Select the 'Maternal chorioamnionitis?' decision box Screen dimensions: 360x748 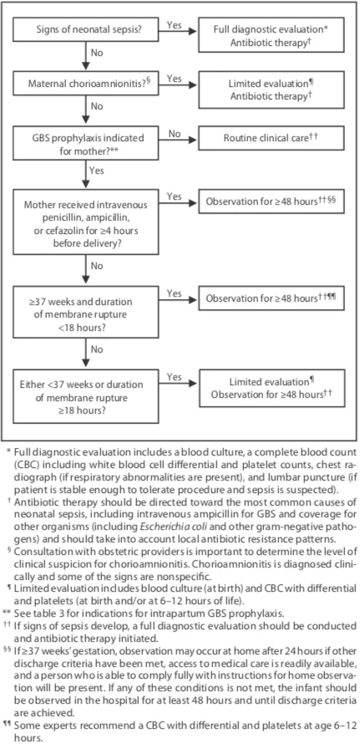[x=86, y=84]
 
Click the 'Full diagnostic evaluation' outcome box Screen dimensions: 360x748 [x=271, y=34]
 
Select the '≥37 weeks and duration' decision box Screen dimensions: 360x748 [x=86, y=312]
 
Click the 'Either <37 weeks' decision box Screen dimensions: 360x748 [x=86, y=395]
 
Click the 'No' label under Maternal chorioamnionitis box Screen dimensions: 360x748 [x=97, y=106]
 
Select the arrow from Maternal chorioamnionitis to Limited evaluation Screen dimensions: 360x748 [x=179, y=86]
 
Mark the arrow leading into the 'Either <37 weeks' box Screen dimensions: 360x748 [x=86, y=354]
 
